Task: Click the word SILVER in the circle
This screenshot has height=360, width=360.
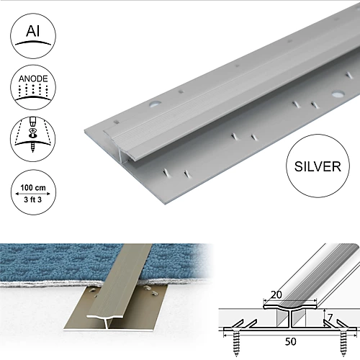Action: (x=317, y=167)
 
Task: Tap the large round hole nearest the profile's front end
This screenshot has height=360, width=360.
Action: (x=155, y=105)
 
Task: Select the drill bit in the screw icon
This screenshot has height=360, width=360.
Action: (x=32, y=129)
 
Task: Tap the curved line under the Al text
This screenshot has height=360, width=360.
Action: (x=32, y=45)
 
